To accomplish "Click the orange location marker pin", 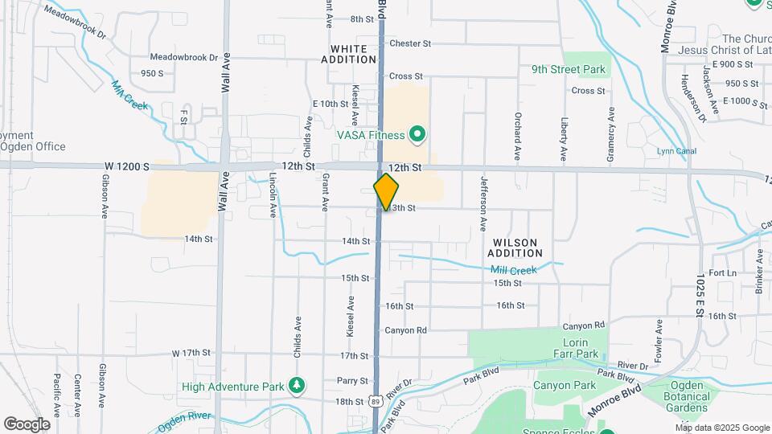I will (386, 191).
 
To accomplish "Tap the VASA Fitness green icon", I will (417, 134).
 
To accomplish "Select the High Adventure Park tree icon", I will (298, 386).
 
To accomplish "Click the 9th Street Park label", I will (569, 70).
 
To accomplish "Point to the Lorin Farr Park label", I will (576, 348).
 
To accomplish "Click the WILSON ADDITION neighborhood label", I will (515, 248).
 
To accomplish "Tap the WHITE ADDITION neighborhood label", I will (349, 54).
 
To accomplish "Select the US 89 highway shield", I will (376, 401).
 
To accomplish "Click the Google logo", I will (27, 424).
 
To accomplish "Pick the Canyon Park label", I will (565, 386).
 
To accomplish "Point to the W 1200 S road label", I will (127, 166).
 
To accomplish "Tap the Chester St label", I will (410, 43).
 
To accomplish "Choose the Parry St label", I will (352, 381).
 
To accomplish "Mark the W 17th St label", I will (191, 353).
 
